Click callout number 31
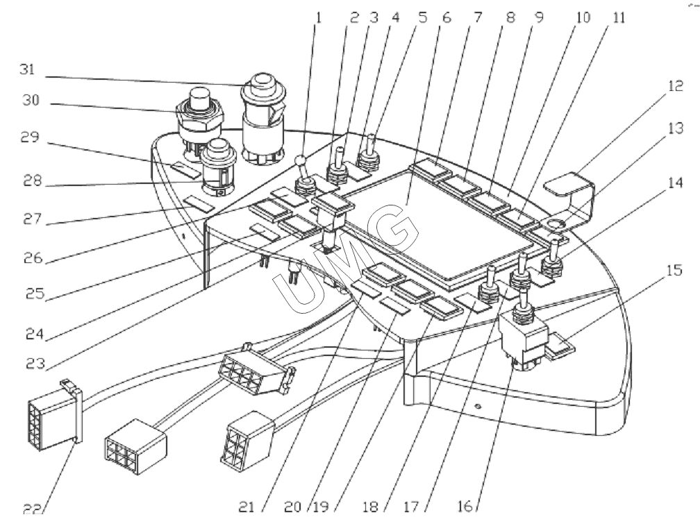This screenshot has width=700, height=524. click(31, 70)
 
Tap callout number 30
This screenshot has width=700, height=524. click(31, 102)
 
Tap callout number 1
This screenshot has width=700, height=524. click(318, 17)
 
